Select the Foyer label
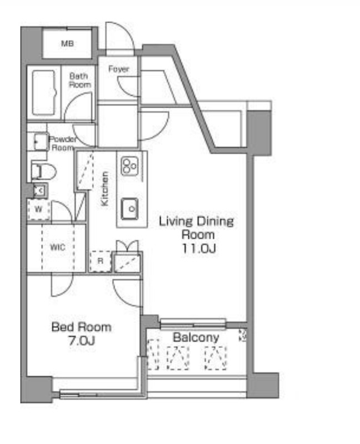click(x=118, y=69)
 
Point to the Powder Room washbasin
click(x=39, y=142)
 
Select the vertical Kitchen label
click(x=104, y=189)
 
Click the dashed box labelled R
click(x=99, y=261)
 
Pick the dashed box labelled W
click(x=38, y=210)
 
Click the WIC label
click(x=57, y=247)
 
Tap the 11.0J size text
click(x=197, y=248)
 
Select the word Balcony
click(x=196, y=337)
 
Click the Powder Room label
click(x=63, y=144)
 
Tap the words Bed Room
click(x=81, y=327)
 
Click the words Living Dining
click(x=197, y=222)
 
